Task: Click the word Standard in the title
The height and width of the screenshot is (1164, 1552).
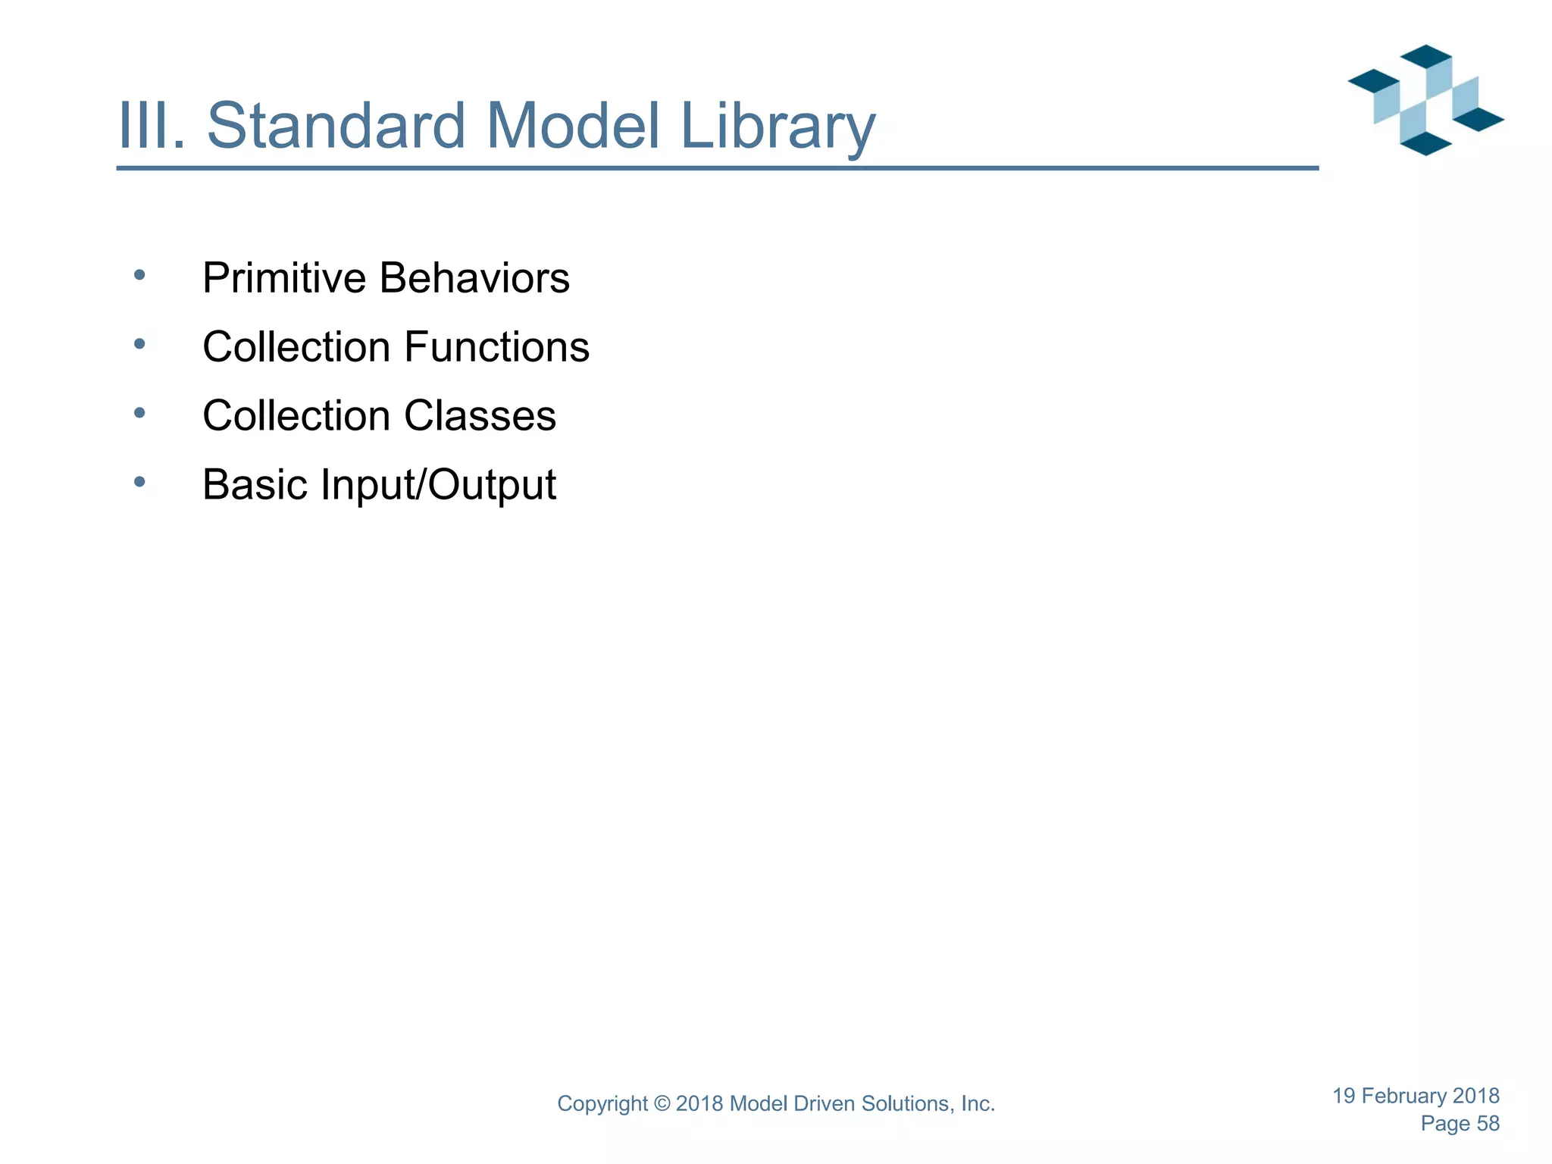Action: pos(336,125)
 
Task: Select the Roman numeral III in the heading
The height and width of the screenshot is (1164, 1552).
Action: pos(150,125)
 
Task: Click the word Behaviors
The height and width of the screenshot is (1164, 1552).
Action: pos(474,278)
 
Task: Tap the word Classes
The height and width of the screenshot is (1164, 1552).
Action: pos(480,416)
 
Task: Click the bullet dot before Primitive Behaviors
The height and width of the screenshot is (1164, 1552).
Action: pos(139,275)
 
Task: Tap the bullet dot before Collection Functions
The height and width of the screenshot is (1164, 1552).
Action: pos(139,344)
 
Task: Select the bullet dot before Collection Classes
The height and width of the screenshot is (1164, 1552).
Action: pos(139,413)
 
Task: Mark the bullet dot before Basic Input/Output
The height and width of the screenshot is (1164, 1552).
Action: pos(139,482)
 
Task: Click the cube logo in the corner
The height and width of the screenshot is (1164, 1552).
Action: pos(1425,100)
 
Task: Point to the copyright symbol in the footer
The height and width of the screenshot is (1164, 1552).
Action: pos(662,1104)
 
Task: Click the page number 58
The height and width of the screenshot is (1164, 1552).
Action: pos(1488,1124)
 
